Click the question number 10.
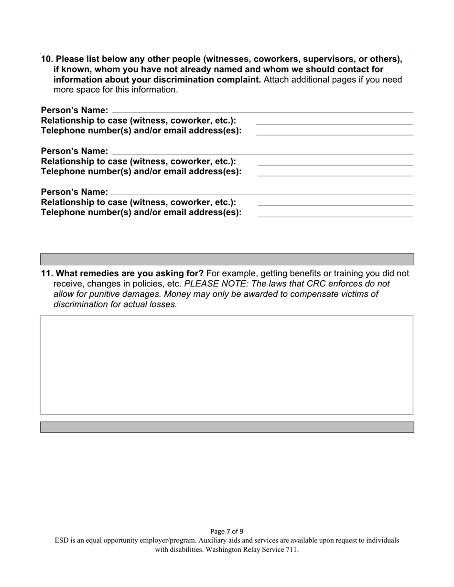pos(47,59)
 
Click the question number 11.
pos(47,273)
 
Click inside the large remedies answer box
pos(227,365)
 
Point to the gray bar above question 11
pos(227,259)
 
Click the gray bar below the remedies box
pos(227,427)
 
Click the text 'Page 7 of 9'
pos(227,531)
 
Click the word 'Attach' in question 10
pos(277,80)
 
